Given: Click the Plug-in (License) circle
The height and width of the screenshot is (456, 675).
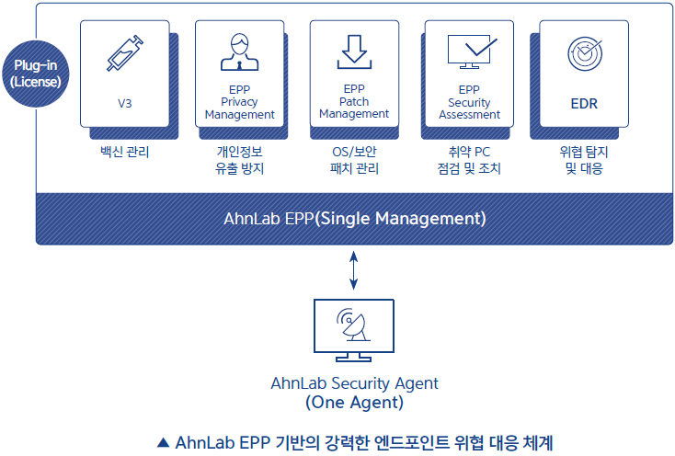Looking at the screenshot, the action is [35, 74].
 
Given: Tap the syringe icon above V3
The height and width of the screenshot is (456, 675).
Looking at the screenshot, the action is [125, 53].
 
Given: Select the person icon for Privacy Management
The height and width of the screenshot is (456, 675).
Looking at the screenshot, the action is [240, 52].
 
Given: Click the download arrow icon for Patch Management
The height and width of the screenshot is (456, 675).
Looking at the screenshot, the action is [354, 52].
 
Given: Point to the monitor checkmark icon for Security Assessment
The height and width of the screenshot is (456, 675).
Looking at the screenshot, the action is [473, 51].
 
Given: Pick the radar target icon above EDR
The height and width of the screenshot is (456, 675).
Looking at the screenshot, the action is [585, 53].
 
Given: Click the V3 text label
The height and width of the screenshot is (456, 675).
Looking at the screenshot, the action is [125, 104].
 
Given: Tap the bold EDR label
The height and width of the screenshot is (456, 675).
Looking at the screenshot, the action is [584, 104].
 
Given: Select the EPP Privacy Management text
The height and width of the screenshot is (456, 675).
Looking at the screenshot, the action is [240, 102].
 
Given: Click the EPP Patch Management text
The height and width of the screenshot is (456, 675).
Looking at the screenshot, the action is [354, 101].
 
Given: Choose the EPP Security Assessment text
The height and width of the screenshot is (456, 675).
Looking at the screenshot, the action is [469, 102].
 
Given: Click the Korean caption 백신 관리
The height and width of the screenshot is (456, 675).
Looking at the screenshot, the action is [125, 152].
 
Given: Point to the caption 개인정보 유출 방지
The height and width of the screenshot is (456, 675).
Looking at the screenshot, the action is [239, 160].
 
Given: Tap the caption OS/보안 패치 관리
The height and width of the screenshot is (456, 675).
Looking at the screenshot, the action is [354, 160].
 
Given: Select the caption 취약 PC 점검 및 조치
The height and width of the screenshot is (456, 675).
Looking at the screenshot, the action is [469, 160].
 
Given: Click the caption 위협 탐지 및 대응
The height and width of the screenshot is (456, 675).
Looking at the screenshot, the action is [584, 160].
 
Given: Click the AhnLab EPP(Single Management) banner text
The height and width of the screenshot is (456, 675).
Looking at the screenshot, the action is [355, 219].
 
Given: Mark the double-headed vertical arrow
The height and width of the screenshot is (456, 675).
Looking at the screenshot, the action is [353, 270].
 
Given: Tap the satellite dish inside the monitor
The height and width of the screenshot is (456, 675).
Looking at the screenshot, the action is [353, 325].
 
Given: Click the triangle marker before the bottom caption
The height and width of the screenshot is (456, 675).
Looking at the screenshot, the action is [163, 442].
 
